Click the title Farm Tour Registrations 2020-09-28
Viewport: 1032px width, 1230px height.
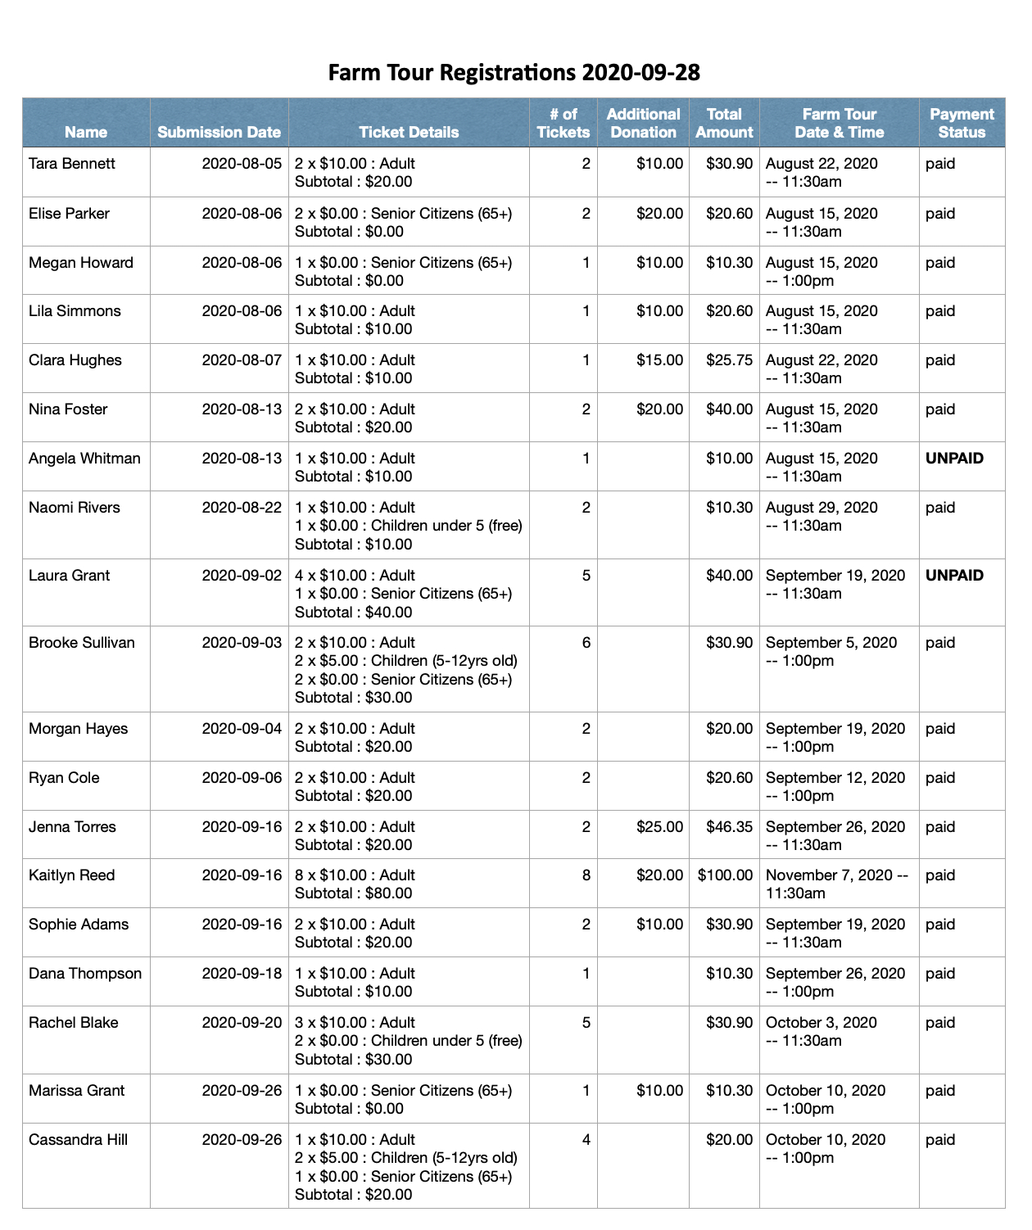click(x=514, y=73)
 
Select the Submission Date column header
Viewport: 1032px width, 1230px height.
click(x=219, y=132)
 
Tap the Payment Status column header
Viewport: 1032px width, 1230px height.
click(x=962, y=123)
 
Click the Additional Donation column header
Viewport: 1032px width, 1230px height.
click(x=643, y=123)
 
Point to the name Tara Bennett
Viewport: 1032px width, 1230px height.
click(x=72, y=164)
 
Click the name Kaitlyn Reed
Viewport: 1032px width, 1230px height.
click(x=72, y=875)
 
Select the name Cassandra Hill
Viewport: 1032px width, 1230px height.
click(x=79, y=1140)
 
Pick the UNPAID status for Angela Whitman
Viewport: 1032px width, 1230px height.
click(x=954, y=459)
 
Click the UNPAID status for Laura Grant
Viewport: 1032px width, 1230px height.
click(x=954, y=576)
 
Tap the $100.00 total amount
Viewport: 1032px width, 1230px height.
click(x=725, y=875)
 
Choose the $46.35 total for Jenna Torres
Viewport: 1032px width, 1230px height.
click(x=729, y=827)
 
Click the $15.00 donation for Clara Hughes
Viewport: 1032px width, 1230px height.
click(x=659, y=360)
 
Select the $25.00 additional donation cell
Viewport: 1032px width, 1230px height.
click(x=659, y=827)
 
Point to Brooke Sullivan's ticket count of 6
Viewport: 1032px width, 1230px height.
click(x=586, y=643)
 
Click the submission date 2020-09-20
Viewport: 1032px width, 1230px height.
click(x=242, y=1023)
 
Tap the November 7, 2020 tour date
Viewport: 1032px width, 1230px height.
click(x=836, y=875)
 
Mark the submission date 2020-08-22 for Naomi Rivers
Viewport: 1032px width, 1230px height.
click(x=242, y=508)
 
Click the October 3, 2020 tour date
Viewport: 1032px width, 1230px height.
click(x=821, y=1023)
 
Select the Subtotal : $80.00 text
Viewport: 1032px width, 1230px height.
click(x=354, y=893)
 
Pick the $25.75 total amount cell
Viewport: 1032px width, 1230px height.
click(x=729, y=360)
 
